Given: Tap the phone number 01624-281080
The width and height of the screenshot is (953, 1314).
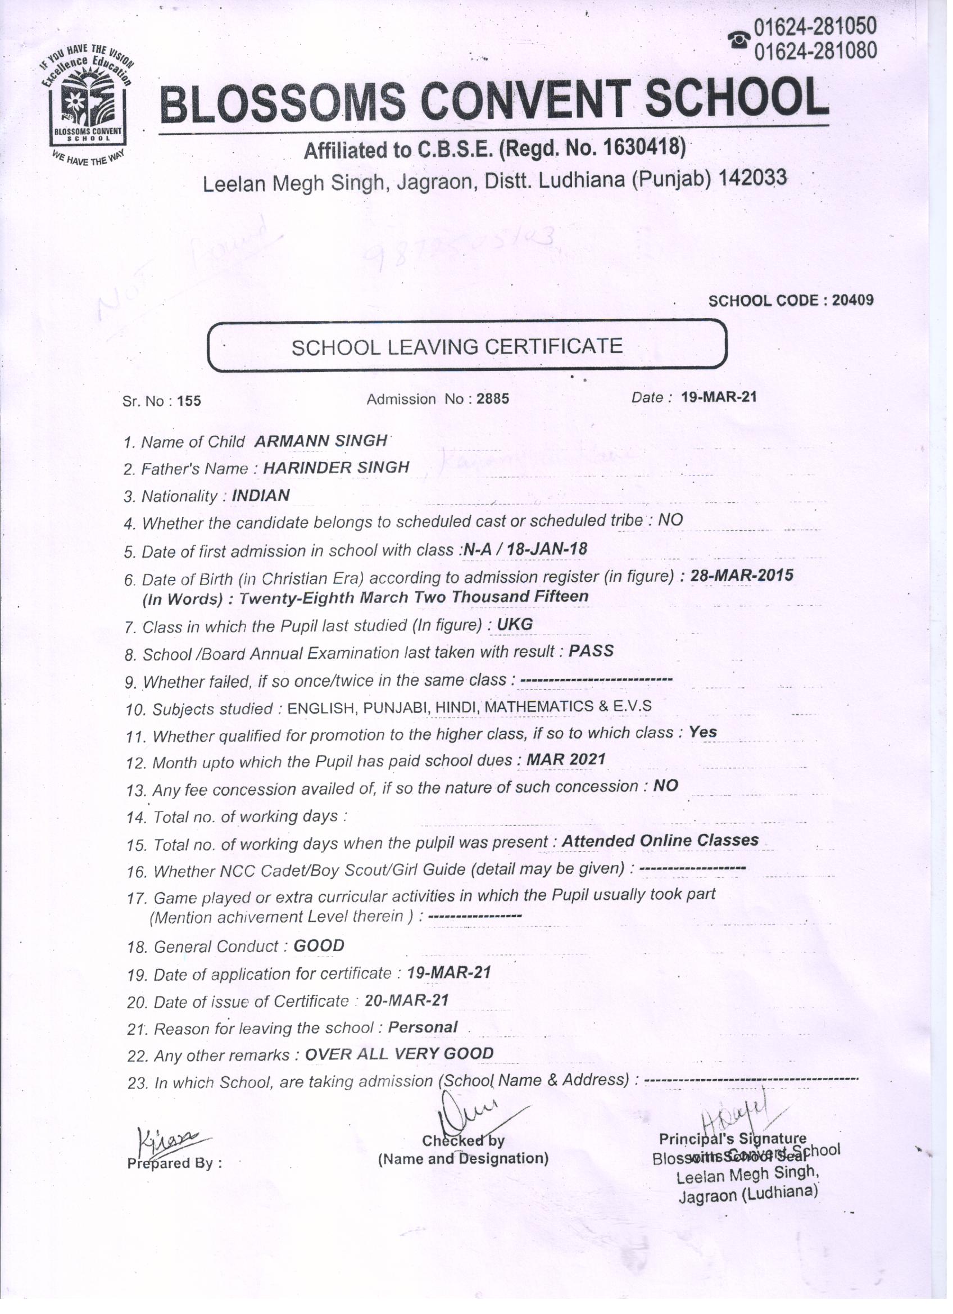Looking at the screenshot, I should [815, 52].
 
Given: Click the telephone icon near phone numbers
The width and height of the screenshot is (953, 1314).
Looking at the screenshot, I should [739, 39].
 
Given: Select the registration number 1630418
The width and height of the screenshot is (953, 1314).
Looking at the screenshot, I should [641, 148].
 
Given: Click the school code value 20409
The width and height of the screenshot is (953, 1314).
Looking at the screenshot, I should [852, 300].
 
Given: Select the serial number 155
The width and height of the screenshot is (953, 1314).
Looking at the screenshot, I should [189, 401].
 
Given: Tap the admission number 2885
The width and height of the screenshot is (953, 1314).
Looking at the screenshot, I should [492, 398].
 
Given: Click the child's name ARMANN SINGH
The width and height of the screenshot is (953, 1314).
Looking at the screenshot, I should [320, 440].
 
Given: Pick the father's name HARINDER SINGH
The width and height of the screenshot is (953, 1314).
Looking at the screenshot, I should [336, 468].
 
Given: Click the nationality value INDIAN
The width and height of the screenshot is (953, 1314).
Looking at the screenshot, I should [261, 495].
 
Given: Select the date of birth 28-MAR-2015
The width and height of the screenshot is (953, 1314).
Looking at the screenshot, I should [742, 576].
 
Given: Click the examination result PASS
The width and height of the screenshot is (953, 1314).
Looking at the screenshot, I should [591, 651].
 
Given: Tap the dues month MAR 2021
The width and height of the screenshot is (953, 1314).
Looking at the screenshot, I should [565, 759].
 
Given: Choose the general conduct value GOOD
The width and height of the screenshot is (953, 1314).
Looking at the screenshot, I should [319, 945].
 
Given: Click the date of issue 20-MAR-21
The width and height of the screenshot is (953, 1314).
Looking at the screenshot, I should [407, 1000].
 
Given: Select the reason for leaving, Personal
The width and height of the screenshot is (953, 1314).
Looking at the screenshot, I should [423, 1027].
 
